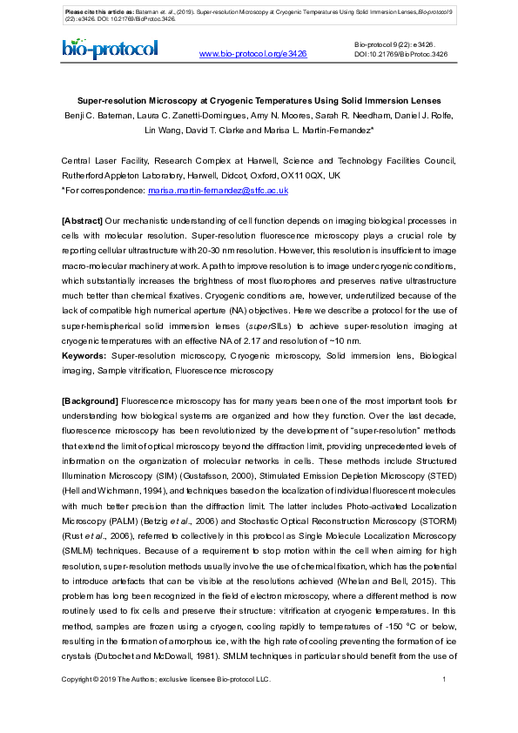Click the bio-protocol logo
point(110,50)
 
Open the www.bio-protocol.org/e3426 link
point(253,54)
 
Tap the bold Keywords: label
point(84,357)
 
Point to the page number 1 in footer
point(445,679)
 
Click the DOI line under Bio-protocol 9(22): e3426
point(400,54)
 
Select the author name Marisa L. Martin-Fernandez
point(310,130)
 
